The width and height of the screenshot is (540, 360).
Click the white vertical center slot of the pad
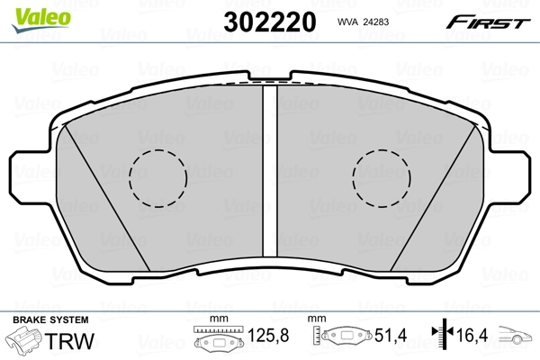coord(269,171)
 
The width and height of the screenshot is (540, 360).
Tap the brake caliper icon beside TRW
coord(25,343)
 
